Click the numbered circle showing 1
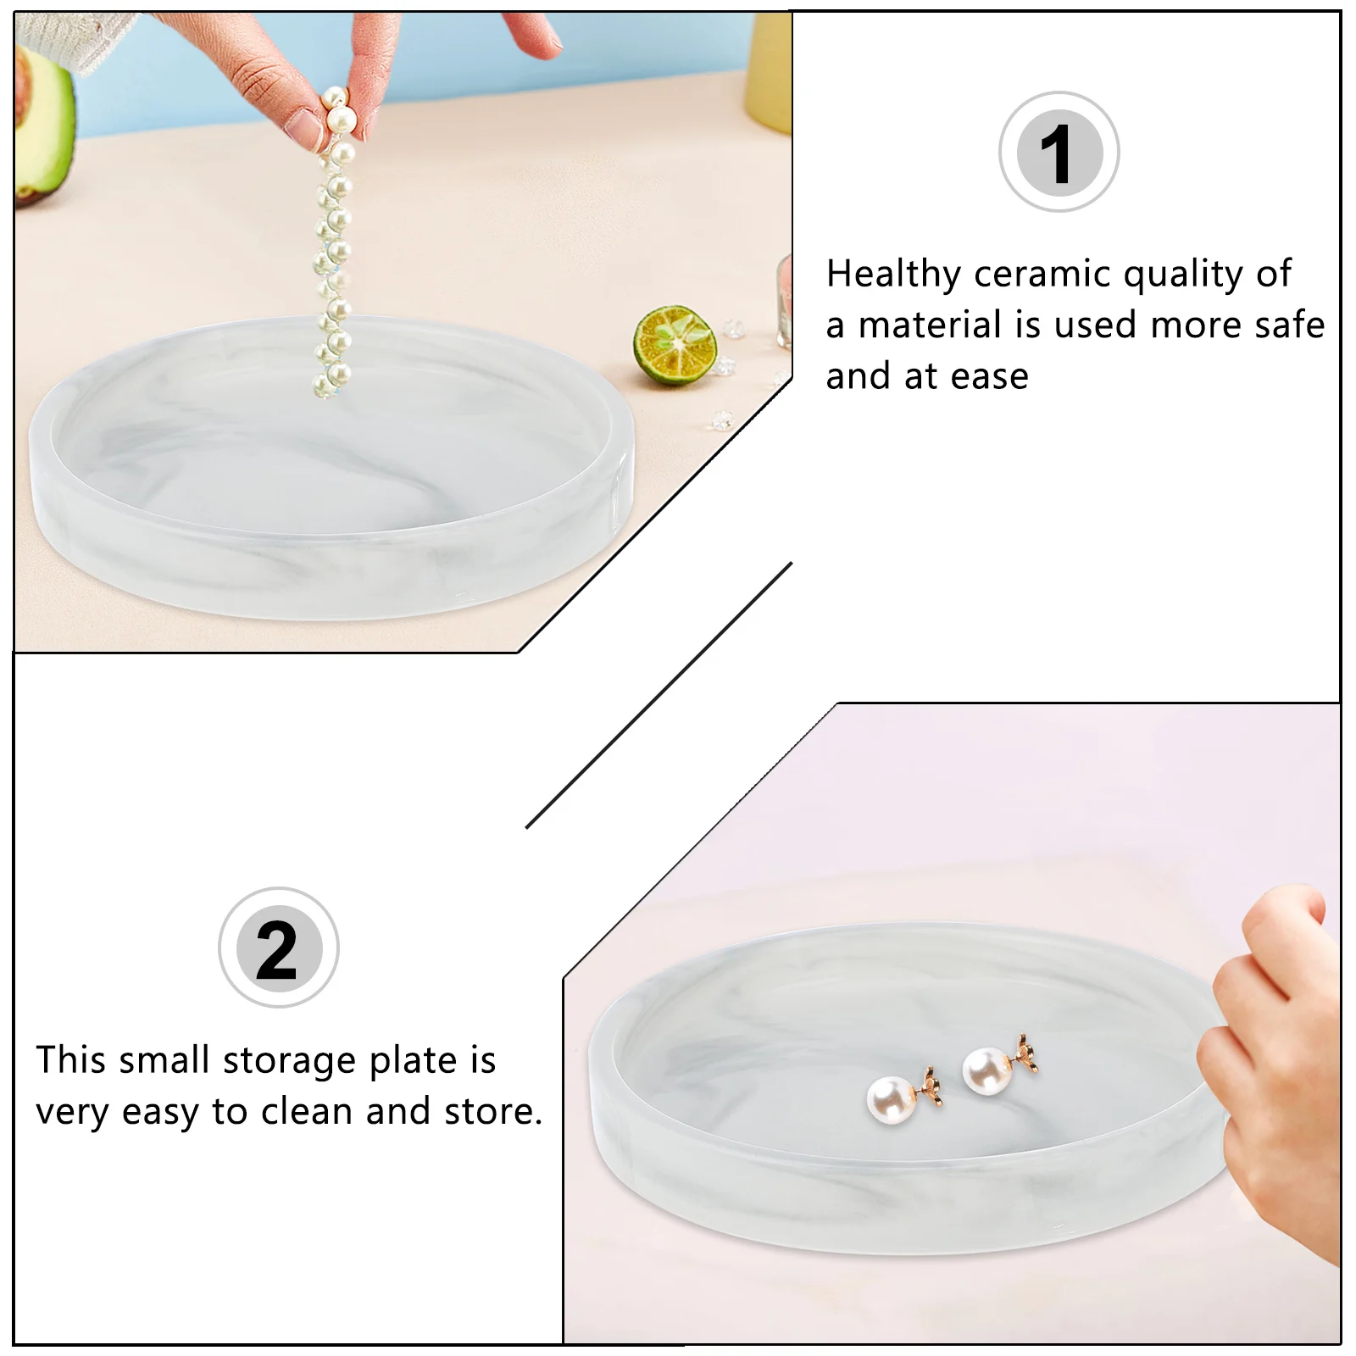click(1059, 153)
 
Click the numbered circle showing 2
click(278, 948)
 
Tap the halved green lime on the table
click(675, 346)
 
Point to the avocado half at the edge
click(42, 127)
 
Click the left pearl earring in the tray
click(892, 1098)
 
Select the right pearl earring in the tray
click(988, 1071)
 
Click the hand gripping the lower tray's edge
click(1271, 1042)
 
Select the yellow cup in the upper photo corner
click(771, 68)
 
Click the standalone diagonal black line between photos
click(659, 695)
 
